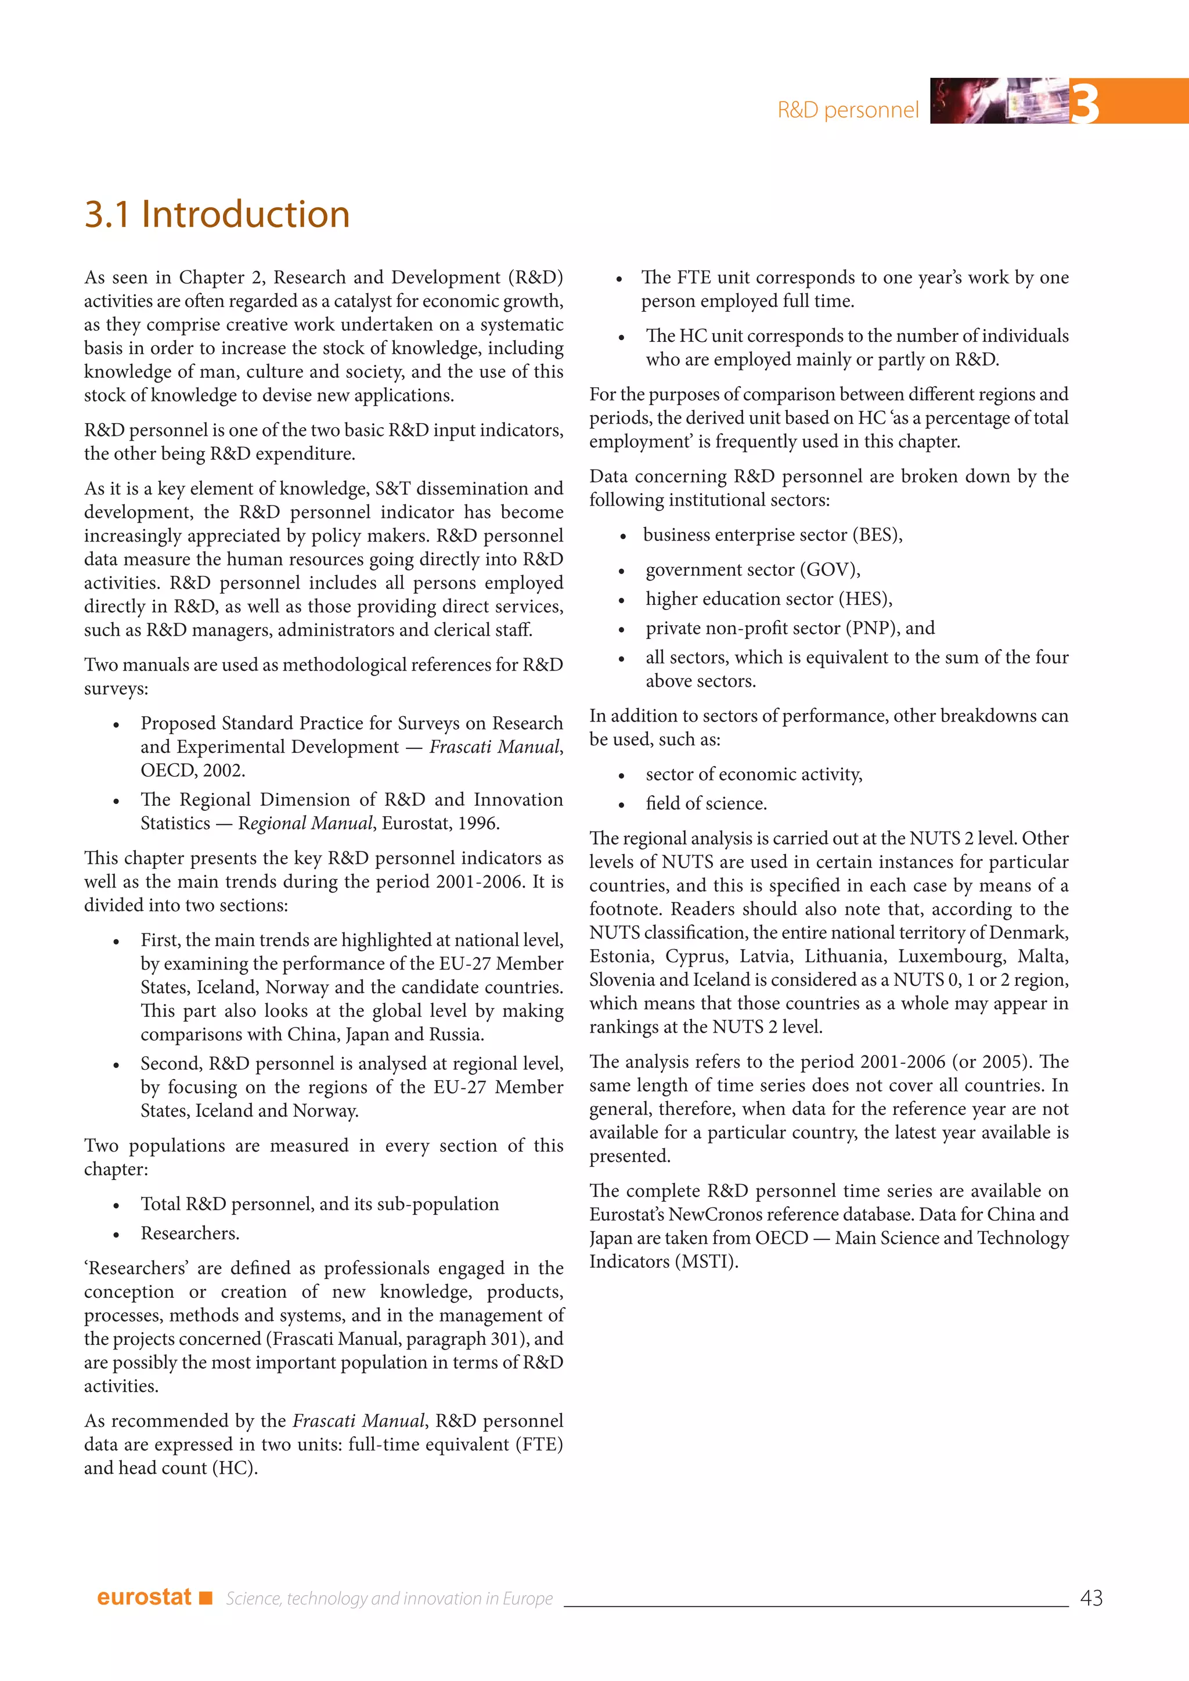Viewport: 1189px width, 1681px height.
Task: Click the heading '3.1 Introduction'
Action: click(217, 215)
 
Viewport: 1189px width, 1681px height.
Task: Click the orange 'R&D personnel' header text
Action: click(847, 110)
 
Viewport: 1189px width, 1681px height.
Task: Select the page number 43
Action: click(1091, 1597)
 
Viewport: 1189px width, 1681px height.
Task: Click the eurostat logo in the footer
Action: click(144, 1597)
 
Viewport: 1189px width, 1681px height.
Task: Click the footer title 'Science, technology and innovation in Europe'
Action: click(389, 1598)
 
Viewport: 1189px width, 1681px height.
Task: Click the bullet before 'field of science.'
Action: click(621, 805)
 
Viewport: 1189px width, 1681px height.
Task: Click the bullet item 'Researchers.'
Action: click(190, 1233)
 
